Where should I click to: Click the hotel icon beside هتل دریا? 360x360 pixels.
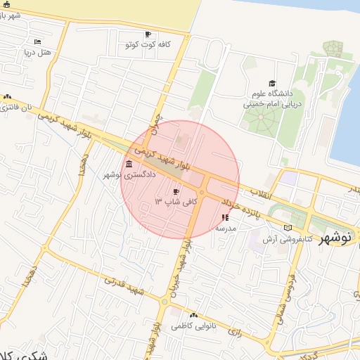37,42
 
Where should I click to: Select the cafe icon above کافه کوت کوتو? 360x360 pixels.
148,34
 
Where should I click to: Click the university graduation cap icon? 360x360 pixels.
272,83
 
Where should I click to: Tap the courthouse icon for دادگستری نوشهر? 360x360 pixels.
129,165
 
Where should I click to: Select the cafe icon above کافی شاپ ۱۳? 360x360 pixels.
176,192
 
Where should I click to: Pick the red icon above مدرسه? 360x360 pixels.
225,217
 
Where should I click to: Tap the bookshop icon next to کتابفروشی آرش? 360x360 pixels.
288,229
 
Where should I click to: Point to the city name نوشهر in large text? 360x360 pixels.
337,239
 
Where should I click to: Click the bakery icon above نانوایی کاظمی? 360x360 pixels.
193,316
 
